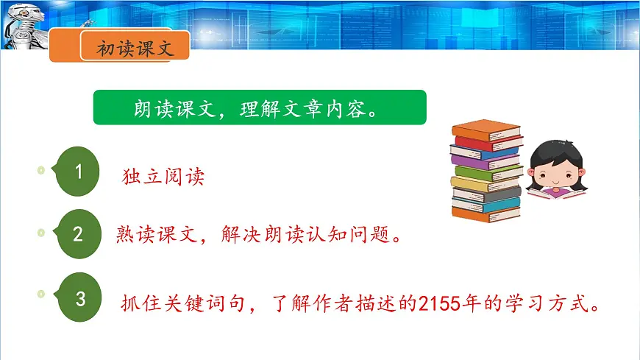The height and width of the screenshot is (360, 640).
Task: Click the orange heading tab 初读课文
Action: [x=134, y=49]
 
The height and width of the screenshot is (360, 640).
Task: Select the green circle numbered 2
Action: [x=78, y=235]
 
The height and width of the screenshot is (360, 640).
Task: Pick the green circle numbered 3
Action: [x=81, y=299]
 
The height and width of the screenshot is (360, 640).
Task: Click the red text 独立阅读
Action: [x=163, y=177]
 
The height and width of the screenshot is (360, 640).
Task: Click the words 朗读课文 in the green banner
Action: [x=163, y=110]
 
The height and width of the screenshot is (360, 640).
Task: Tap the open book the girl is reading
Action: [x=558, y=197]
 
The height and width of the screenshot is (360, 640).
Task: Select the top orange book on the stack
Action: [x=486, y=130]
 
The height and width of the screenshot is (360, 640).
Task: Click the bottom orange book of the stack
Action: [x=486, y=213]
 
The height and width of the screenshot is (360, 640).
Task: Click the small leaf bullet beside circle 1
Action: [x=41, y=171]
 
